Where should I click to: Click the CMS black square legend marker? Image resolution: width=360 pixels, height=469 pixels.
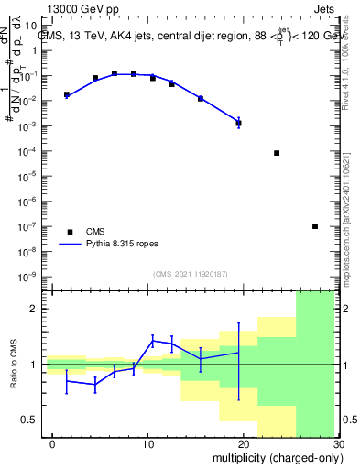[70, 232]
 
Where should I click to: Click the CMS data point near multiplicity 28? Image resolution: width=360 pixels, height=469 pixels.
[315, 226]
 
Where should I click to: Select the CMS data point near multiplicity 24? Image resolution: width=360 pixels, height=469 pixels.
[277, 153]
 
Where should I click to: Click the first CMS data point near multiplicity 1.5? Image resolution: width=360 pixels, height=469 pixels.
[67, 94]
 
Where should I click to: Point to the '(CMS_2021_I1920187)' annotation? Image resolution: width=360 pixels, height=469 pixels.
[190, 274]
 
